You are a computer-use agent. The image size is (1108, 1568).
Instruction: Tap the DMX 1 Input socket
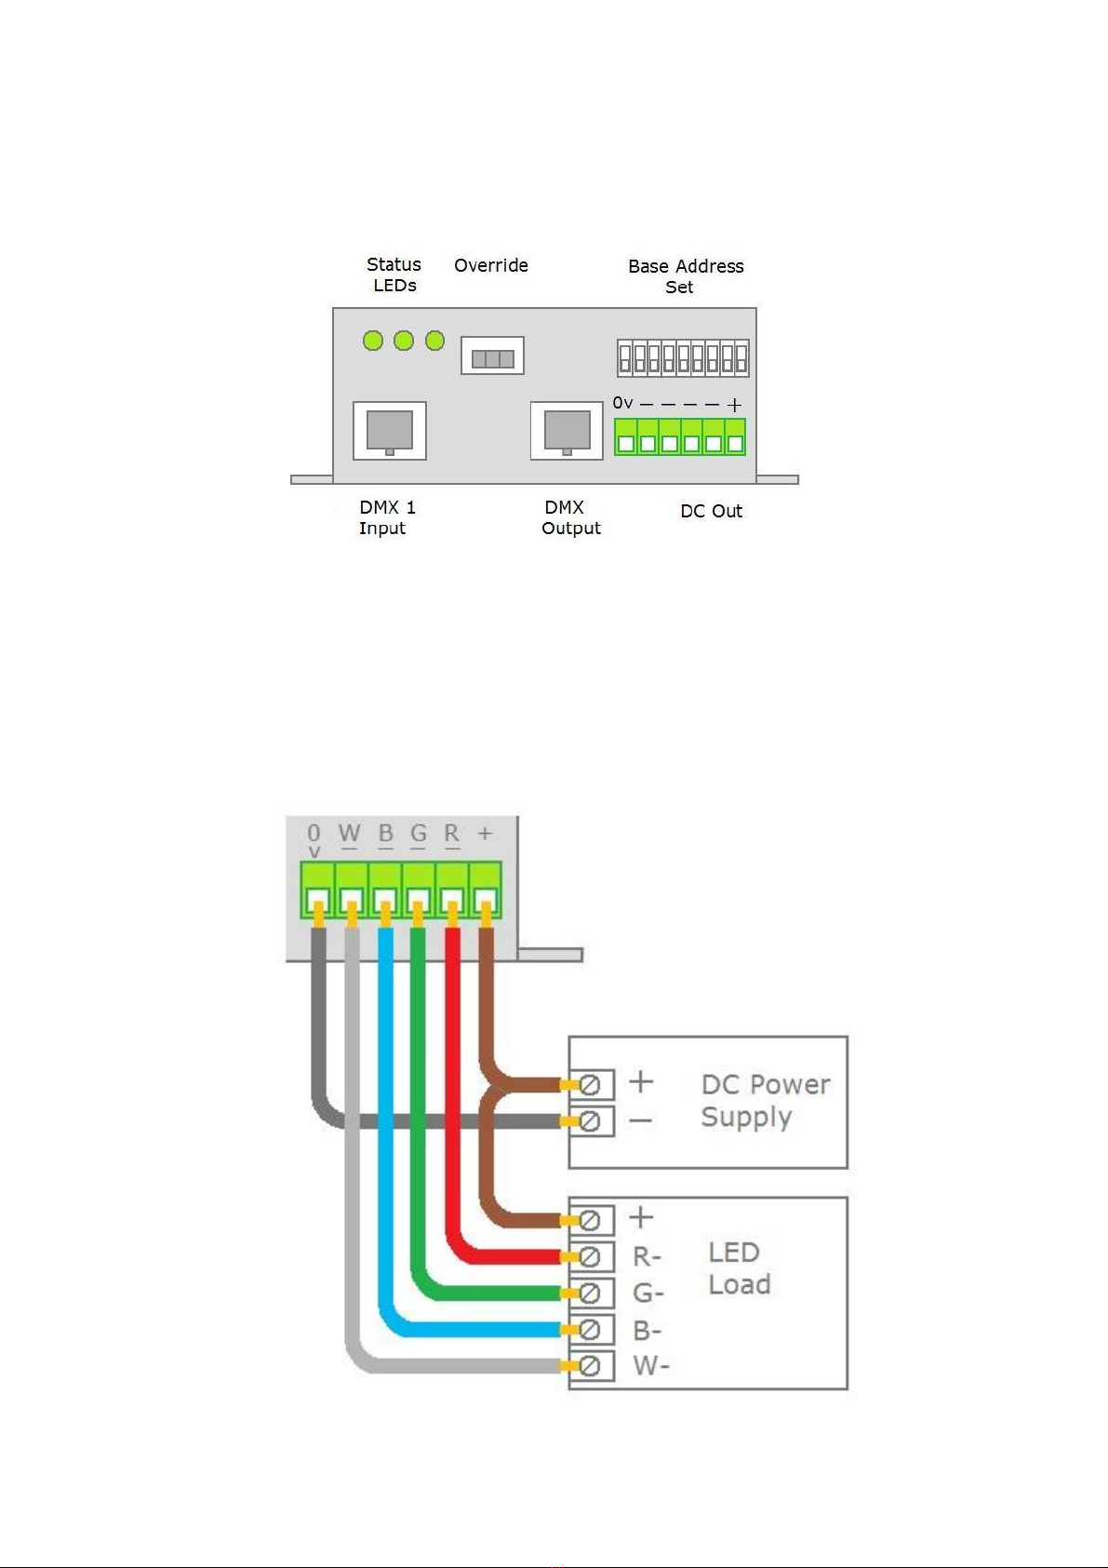pos(390,431)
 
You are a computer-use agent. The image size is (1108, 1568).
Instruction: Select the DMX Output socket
pos(567,431)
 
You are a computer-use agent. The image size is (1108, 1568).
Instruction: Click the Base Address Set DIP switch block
pos(683,358)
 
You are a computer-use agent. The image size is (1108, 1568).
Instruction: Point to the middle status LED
pos(404,341)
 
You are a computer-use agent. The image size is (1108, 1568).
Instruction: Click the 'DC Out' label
pos(711,511)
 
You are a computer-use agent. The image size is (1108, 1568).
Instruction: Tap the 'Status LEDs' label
pos(394,275)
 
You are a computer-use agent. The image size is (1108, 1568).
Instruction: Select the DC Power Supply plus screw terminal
pos(590,1085)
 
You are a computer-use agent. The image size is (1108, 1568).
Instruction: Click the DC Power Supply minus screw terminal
pos(590,1121)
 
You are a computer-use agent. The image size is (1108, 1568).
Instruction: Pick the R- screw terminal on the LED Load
pos(590,1256)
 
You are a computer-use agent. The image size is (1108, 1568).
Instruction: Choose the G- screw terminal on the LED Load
pos(590,1293)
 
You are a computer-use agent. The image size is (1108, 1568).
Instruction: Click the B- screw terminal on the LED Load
pos(590,1330)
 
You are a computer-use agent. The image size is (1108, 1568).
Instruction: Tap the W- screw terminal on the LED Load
pos(590,1366)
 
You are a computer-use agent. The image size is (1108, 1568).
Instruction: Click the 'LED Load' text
pos(740,1268)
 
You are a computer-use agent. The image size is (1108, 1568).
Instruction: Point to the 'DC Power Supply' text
pos(765,1101)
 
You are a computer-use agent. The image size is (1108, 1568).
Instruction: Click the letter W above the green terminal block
pos(350,833)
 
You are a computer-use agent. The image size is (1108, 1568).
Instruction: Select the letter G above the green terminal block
pos(419,833)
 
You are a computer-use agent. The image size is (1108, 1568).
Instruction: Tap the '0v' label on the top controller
pos(622,403)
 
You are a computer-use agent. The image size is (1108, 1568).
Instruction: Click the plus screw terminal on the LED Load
pos(590,1220)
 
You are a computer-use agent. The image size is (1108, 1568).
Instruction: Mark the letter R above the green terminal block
pos(452,833)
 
